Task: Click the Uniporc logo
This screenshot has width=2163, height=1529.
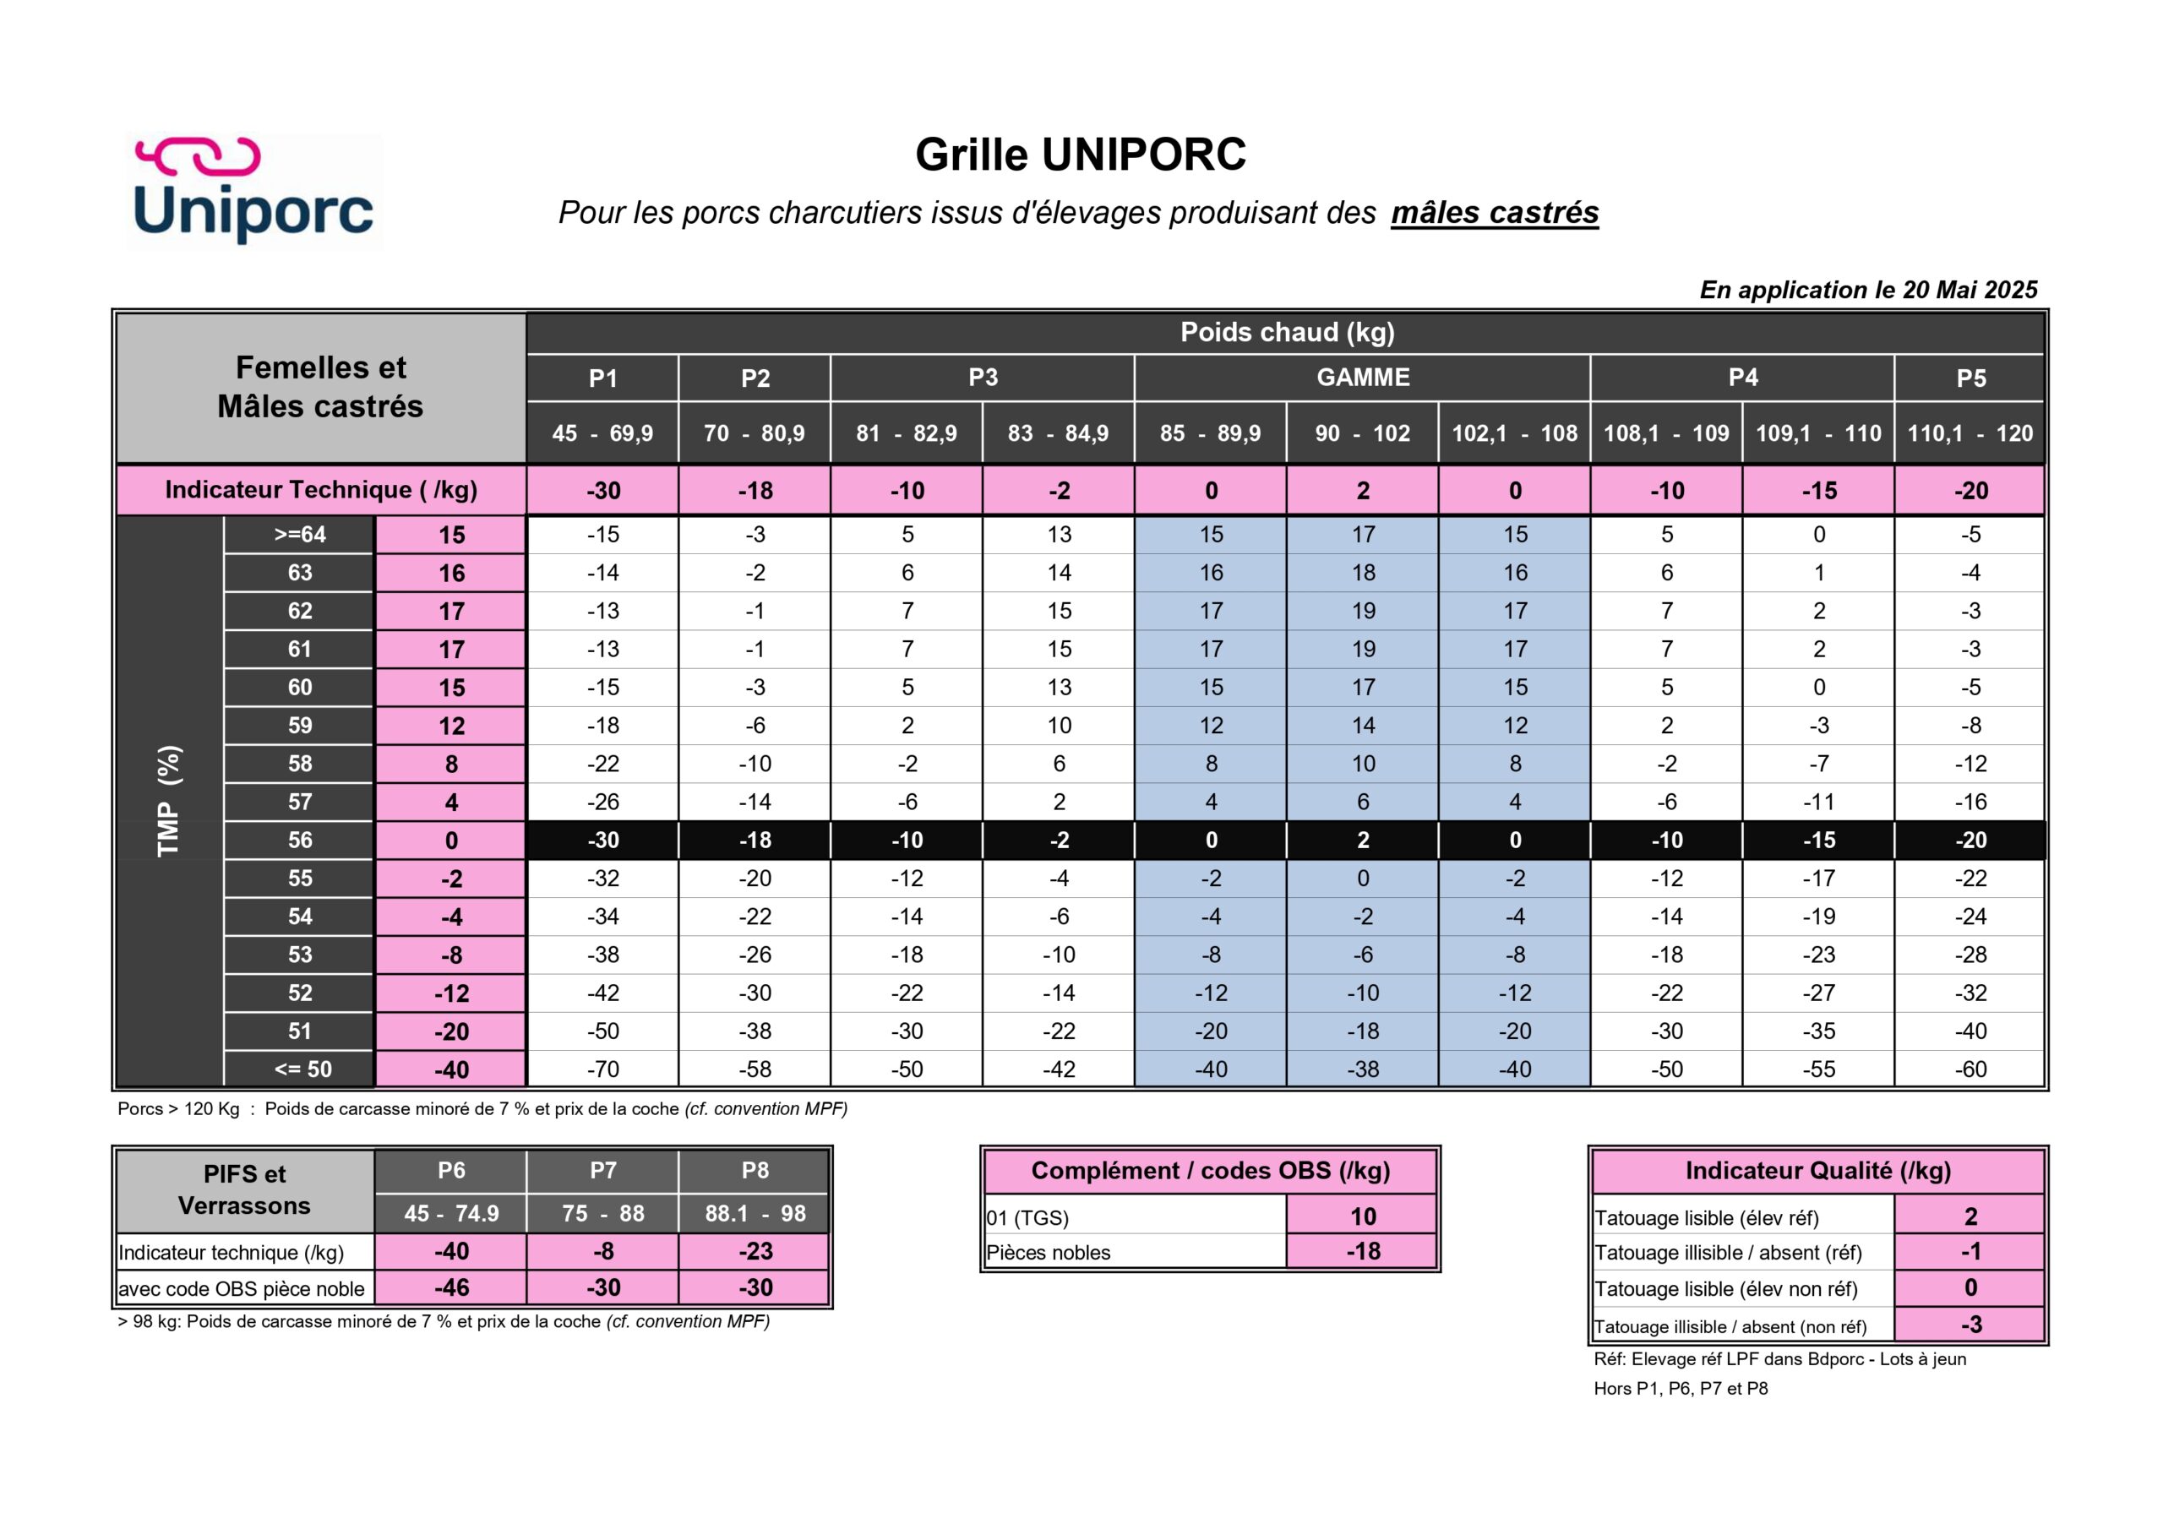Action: click(254, 191)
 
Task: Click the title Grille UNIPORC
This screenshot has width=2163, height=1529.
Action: click(1081, 155)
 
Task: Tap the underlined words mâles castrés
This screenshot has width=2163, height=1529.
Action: click(1494, 213)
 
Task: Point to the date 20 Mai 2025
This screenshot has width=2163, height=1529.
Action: click(1969, 290)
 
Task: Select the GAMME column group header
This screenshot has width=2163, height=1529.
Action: click(1362, 378)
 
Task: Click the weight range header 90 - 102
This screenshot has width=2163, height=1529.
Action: click(1362, 433)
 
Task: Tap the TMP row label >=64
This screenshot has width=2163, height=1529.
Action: click(300, 535)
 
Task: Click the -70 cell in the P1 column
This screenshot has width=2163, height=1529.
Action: click(603, 1069)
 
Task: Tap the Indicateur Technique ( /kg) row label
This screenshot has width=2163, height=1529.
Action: click(320, 490)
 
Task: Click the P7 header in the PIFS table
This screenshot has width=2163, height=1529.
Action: click(603, 1170)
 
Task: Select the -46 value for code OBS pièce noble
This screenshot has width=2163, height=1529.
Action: click(451, 1288)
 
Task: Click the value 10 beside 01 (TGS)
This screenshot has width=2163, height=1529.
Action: click(1362, 1216)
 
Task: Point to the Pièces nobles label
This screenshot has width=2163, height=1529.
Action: click(1049, 1253)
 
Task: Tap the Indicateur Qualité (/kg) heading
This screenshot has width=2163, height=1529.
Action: click(1817, 1171)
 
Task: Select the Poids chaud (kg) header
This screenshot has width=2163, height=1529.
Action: click(1287, 333)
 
